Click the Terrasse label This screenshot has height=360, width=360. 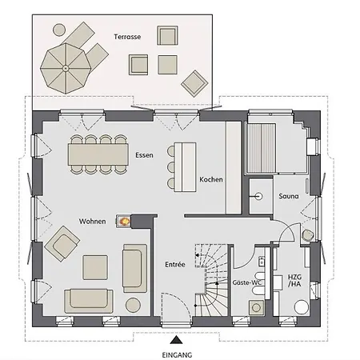[x=127, y=37]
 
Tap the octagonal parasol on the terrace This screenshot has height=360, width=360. [x=66, y=68]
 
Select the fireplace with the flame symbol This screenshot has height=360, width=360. [x=123, y=221]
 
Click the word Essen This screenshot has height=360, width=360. [x=144, y=155]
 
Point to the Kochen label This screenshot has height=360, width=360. [x=211, y=179]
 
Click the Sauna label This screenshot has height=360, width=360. [x=289, y=196]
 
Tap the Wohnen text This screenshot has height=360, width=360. [x=92, y=222]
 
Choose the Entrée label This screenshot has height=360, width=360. [x=175, y=265]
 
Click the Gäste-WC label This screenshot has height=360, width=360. [x=246, y=282]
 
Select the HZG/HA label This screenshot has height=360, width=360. [x=294, y=281]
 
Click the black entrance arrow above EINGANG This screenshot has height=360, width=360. [x=176, y=340]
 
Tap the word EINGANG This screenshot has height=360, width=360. [x=177, y=355]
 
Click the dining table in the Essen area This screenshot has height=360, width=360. [x=98, y=154]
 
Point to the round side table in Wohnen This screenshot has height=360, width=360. [x=133, y=305]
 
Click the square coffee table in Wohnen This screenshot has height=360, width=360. [x=95, y=267]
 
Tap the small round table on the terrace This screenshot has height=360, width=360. [x=59, y=30]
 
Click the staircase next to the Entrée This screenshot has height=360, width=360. [x=212, y=280]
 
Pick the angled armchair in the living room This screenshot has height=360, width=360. [x=62, y=244]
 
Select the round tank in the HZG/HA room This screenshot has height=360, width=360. [x=302, y=307]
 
